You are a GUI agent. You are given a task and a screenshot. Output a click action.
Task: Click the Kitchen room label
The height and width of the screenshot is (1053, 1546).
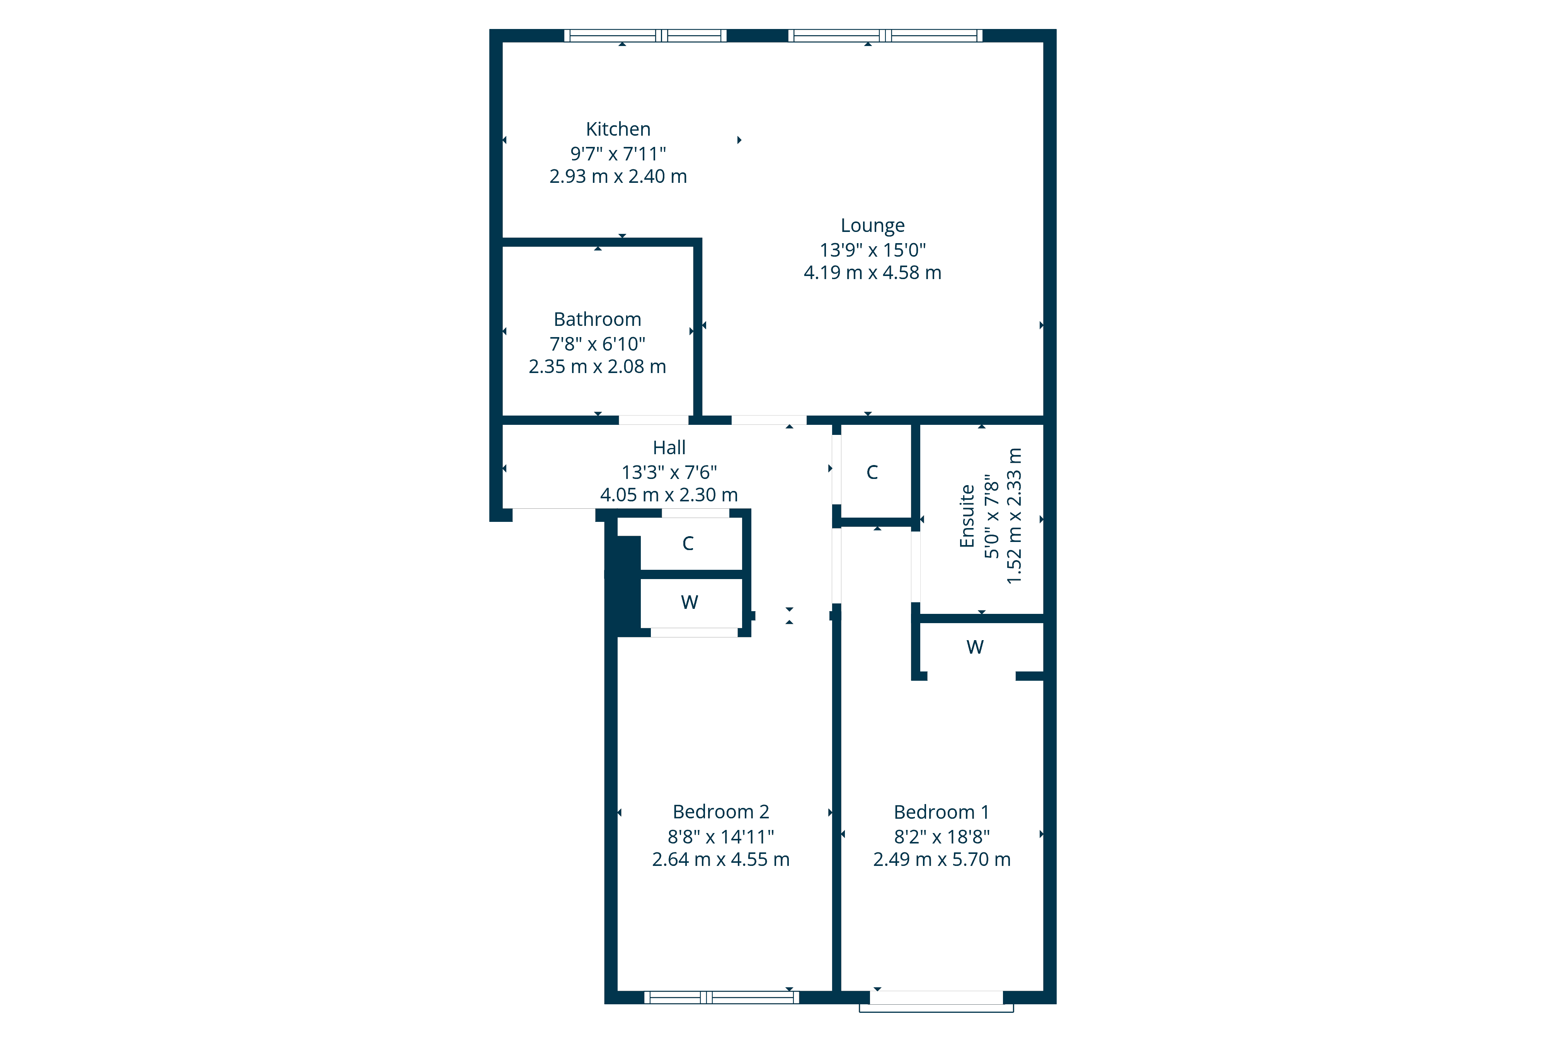tap(618, 129)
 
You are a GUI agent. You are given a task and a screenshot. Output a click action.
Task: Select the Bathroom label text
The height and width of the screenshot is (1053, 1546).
tap(598, 319)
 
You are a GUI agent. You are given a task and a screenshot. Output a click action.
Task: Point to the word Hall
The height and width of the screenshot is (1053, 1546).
tap(669, 448)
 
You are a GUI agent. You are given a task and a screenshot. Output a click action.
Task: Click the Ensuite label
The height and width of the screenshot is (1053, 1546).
tap(967, 516)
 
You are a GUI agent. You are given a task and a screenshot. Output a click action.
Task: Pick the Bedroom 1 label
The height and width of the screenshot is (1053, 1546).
tap(941, 812)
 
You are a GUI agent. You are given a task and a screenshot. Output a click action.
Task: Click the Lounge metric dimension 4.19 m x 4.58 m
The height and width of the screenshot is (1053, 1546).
tap(872, 273)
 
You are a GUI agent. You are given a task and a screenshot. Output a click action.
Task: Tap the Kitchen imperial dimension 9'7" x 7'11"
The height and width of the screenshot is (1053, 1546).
tap(618, 154)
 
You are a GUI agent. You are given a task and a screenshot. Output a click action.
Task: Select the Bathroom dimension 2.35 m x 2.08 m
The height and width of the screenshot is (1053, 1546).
tap(598, 366)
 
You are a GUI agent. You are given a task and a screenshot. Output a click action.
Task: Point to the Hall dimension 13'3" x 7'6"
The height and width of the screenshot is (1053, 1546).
tap(669, 472)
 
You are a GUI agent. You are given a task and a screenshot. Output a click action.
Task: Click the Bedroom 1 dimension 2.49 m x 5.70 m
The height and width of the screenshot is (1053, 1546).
tap(941, 859)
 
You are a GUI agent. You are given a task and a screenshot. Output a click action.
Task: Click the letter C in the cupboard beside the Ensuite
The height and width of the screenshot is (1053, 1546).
tap(872, 472)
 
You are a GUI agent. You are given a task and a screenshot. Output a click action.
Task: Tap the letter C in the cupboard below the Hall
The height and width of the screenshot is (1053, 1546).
tap(688, 544)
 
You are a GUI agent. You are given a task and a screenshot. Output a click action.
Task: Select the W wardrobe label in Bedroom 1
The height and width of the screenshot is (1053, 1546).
tap(975, 647)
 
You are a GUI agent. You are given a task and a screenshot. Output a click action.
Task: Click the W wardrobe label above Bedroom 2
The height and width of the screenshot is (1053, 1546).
tap(689, 602)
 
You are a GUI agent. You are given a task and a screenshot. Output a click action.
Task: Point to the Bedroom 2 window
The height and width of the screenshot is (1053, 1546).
tap(722, 997)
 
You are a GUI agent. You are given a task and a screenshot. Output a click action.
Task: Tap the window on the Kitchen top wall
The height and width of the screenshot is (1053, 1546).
tap(645, 35)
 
